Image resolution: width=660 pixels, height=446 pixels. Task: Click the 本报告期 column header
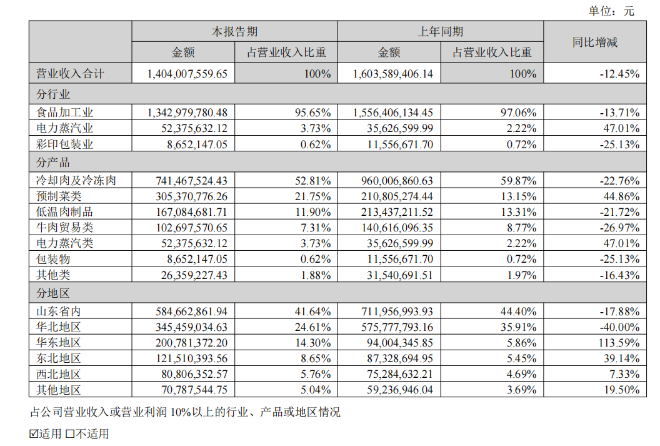[x=234, y=32]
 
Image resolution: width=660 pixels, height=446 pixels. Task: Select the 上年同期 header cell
[x=440, y=32]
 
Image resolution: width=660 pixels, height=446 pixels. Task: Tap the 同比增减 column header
[x=594, y=42]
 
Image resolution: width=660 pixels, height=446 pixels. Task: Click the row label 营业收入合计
[x=71, y=74]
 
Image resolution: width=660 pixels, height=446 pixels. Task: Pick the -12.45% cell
[x=619, y=74]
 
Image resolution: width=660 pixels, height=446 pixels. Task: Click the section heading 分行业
[x=53, y=95]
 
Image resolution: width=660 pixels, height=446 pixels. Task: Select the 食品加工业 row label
[x=65, y=113]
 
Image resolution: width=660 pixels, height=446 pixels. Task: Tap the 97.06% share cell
[x=518, y=113]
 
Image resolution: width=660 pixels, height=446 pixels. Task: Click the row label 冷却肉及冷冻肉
[x=76, y=181]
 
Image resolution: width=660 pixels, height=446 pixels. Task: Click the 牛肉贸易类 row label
[x=65, y=228]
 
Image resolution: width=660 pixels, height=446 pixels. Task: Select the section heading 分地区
[x=53, y=293]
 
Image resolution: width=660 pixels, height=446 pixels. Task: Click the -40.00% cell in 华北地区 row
[x=619, y=327]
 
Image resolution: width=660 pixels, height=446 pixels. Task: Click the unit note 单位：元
[x=611, y=11]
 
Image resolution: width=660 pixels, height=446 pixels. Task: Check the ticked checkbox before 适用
[x=34, y=433]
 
